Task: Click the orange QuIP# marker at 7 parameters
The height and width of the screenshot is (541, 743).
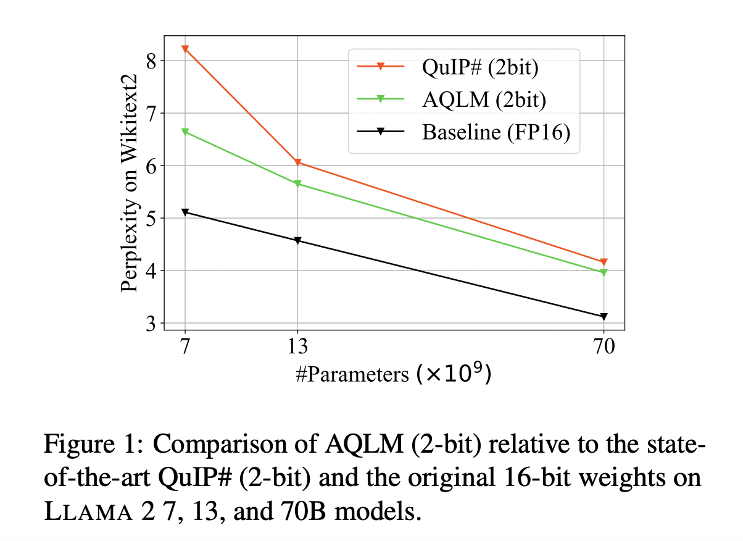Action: (185, 49)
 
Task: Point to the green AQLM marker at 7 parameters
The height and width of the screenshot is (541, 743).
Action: (185, 132)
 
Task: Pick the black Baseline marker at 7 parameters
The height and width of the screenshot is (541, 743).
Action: (185, 212)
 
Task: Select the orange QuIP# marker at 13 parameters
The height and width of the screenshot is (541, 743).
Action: (298, 162)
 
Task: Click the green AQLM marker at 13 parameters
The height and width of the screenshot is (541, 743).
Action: (298, 184)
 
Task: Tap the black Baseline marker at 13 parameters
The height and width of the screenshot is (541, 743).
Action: (298, 241)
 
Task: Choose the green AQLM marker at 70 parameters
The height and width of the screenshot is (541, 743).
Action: (604, 272)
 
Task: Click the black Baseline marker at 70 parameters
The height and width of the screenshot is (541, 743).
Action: (604, 317)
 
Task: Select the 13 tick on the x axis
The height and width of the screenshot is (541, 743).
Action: (298, 347)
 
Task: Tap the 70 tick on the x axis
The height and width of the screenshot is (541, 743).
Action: (604, 347)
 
